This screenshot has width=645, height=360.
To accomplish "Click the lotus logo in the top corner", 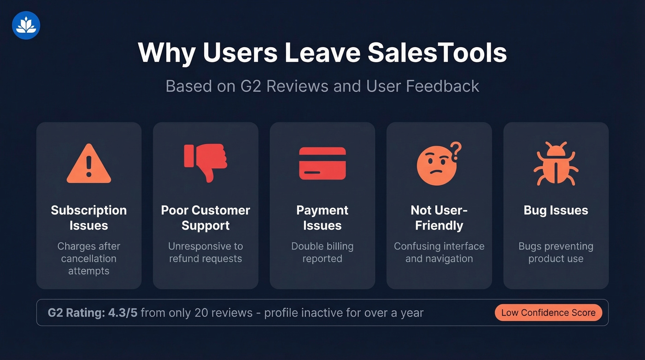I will coord(26,25).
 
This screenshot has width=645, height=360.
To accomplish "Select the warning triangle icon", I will coord(89,164).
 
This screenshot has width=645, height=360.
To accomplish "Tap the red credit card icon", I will coord(322,163).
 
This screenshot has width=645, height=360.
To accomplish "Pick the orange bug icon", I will coord(556,164).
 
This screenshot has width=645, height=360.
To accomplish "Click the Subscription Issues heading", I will coord(89,218).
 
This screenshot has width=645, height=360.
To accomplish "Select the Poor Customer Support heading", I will coord(205,218).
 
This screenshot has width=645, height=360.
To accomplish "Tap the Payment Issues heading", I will coord(322,218).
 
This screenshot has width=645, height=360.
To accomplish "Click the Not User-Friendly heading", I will coord(439,218).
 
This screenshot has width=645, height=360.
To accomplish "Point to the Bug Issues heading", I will coord(556,210).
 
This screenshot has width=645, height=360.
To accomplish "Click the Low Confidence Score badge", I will coord(548,313).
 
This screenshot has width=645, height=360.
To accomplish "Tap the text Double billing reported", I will coord(322,252).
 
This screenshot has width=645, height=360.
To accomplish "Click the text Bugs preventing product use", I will coord(556,252).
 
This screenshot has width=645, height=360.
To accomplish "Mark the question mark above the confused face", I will coord(456,149).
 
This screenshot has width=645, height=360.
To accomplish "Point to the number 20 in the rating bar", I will coord(201,313).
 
